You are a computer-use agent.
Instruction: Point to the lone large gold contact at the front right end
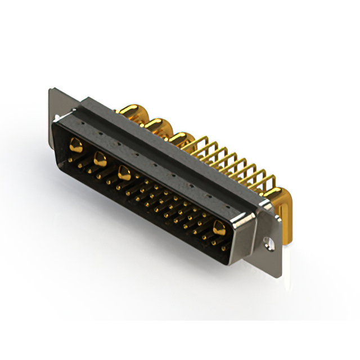(x=218, y=227)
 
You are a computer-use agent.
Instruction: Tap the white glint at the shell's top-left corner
(x=58, y=119)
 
